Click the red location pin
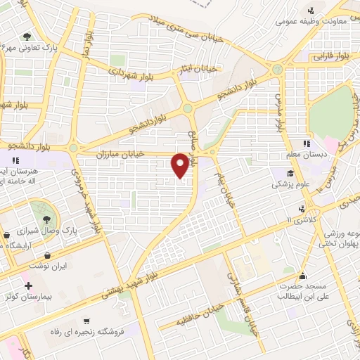181,165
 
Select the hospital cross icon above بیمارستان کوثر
28,285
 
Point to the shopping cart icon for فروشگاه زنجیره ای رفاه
86,320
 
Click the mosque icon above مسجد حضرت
302,275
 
